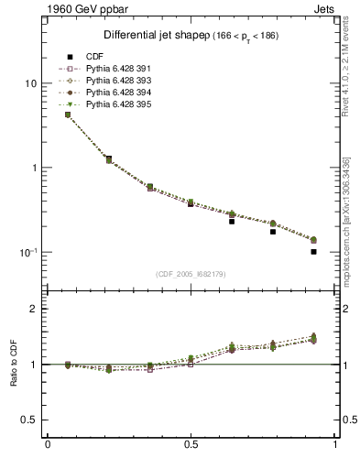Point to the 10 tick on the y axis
coord(30,83)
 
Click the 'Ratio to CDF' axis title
coord(13,365)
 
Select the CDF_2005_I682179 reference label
coord(191,274)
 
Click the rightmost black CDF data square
coord(313,251)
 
